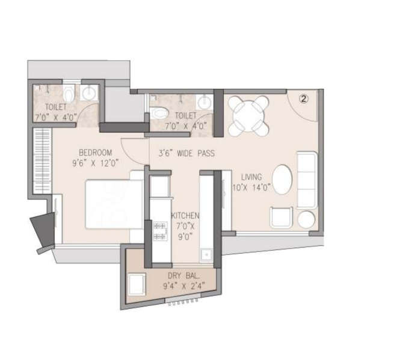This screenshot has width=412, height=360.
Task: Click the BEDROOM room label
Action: pos(96,153)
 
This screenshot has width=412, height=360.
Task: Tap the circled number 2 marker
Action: pos(304,99)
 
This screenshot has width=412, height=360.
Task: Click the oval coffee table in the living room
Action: pos(282,180)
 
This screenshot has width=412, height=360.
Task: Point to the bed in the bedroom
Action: pos(114,204)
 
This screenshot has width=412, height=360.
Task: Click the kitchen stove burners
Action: pos(160,231)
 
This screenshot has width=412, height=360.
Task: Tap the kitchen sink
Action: pos(206,255)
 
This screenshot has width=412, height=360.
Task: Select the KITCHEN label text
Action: pos(185,216)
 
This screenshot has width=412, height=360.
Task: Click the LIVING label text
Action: pos(251,177)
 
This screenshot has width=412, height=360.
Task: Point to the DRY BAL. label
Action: pos(184,276)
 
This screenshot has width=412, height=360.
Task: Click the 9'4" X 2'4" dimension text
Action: pos(184,285)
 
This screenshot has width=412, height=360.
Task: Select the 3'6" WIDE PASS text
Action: pos(186,153)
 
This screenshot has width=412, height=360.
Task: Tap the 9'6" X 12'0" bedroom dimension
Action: pos(96,163)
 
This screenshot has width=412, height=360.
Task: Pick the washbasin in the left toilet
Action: pos(89,93)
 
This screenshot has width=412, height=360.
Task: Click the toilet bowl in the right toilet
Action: pos(160,113)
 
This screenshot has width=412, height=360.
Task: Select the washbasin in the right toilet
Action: pos(204,102)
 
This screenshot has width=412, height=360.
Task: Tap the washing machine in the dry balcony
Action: pos(137,284)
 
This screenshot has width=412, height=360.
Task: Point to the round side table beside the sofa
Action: pos(306,219)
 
